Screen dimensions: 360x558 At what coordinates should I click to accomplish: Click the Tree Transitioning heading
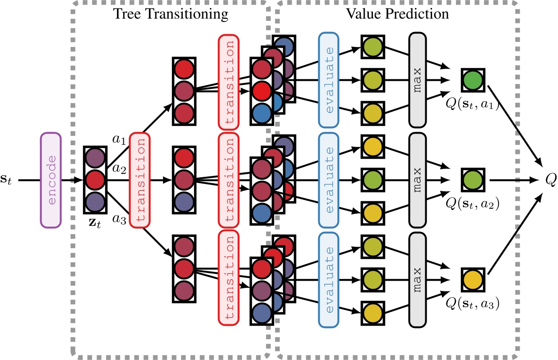pos(171,14)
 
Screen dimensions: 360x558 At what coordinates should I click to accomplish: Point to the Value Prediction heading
pos(397,14)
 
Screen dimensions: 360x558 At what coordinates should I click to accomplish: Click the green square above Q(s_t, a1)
pos(473,81)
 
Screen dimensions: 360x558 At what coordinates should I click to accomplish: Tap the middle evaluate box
pos(329,180)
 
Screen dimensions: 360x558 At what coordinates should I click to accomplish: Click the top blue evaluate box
pos(329,80)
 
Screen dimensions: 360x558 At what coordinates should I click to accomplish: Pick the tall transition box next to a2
pos(139,180)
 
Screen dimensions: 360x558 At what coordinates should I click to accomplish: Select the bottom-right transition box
pos(228,278)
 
